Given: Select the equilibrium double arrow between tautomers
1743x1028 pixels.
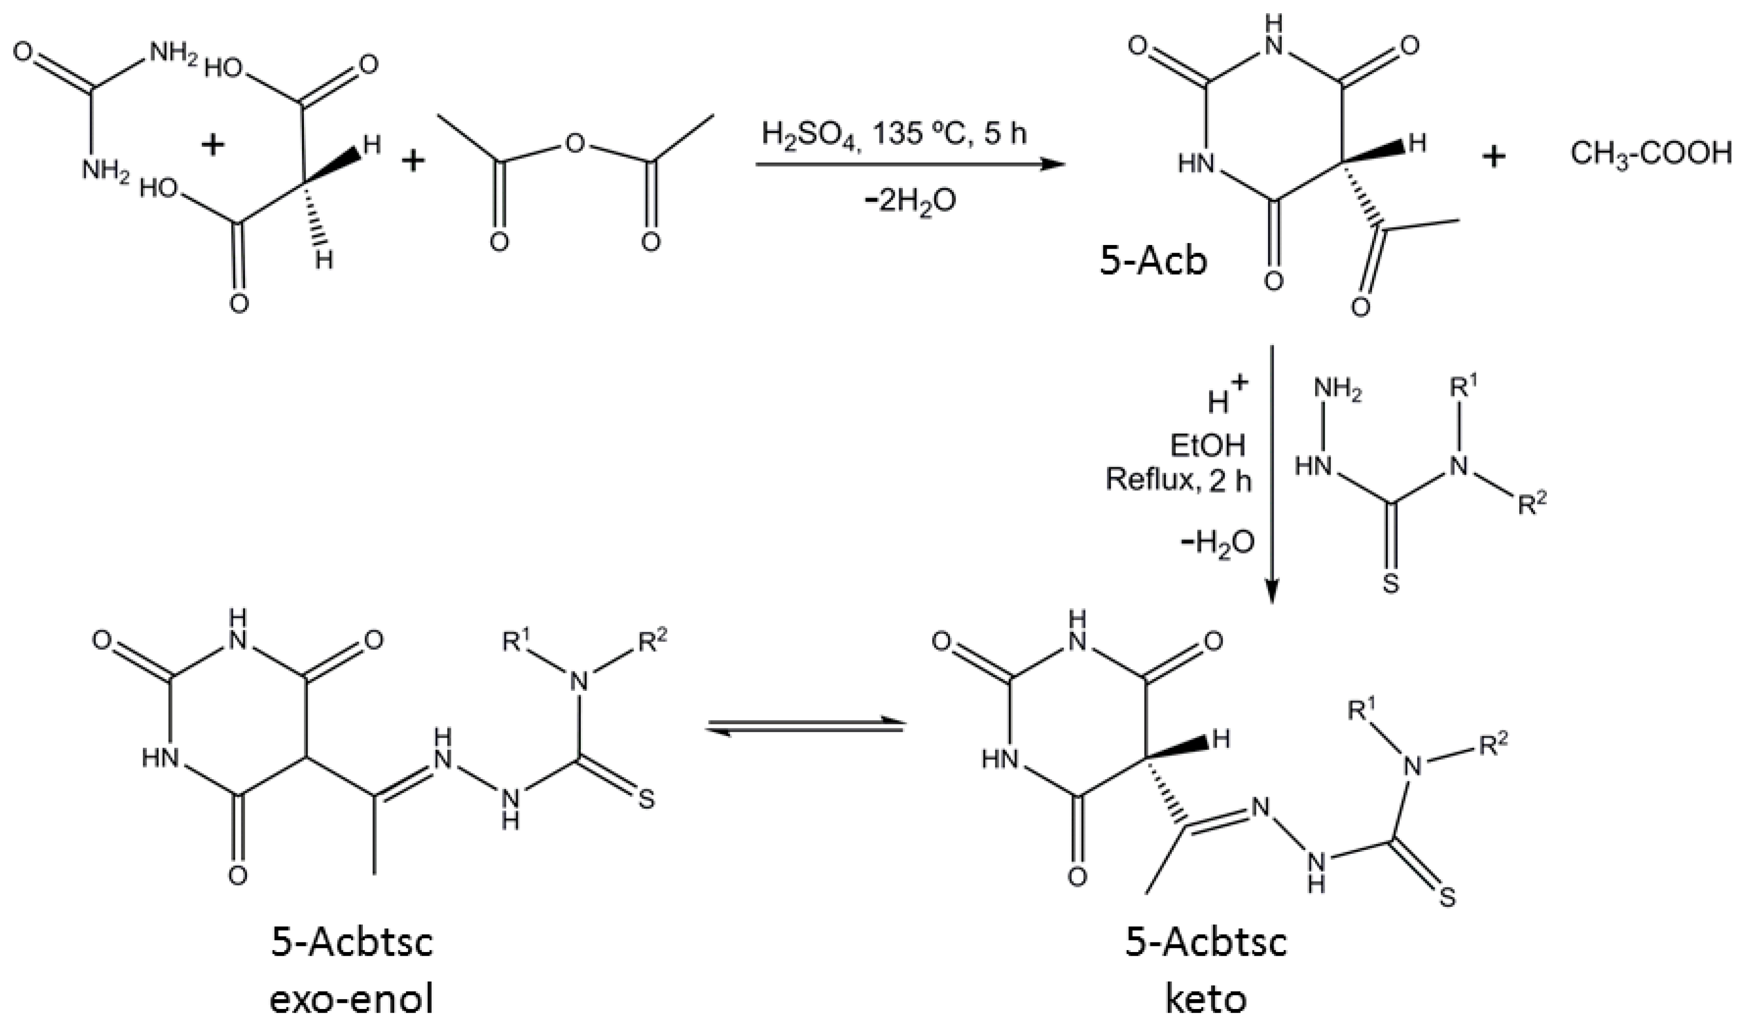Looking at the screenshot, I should click(x=805, y=728).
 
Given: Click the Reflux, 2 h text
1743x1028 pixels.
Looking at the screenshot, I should click(x=1178, y=480).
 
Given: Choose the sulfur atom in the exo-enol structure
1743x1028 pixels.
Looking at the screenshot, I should click(x=645, y=801).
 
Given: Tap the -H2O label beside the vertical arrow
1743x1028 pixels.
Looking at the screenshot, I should click(x=1219, y=544).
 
